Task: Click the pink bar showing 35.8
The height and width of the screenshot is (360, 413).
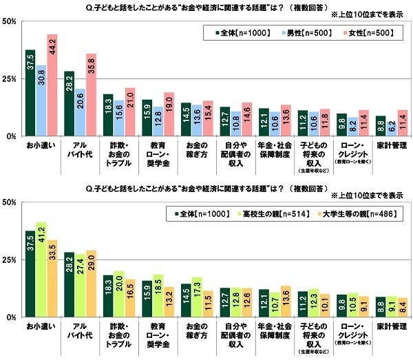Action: click(x=91, y=95)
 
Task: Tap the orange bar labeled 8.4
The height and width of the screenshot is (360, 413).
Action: click(x=403, y=308)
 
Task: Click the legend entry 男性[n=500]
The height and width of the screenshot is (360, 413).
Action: click(x=293, y=32)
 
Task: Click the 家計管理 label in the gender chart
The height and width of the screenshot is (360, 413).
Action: click(x=390, y=146)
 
